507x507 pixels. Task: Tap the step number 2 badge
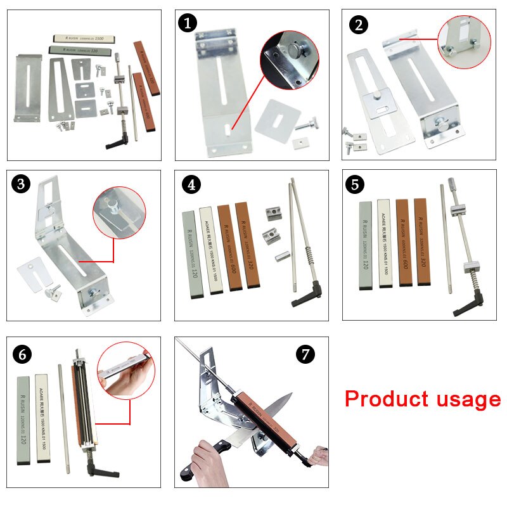point(358,25)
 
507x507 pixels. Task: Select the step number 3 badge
point(22,185)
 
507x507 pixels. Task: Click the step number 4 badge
point(191,185)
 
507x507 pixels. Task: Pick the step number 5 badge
point(356,185)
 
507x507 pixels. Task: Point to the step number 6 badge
point(23,354)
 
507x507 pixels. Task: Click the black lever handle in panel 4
point(298,297)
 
